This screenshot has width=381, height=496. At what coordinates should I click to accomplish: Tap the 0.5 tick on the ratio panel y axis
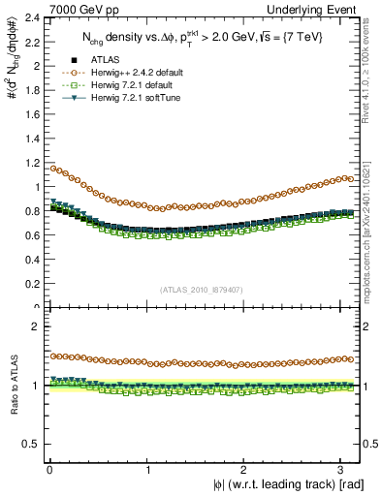pyautogui.click(x=31, y=444)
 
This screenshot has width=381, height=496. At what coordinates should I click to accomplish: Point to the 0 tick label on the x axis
pyautogui.click(x=49, y=469)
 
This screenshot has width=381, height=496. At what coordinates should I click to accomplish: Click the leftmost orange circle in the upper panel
pyautogui.click(x=51, y=169)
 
